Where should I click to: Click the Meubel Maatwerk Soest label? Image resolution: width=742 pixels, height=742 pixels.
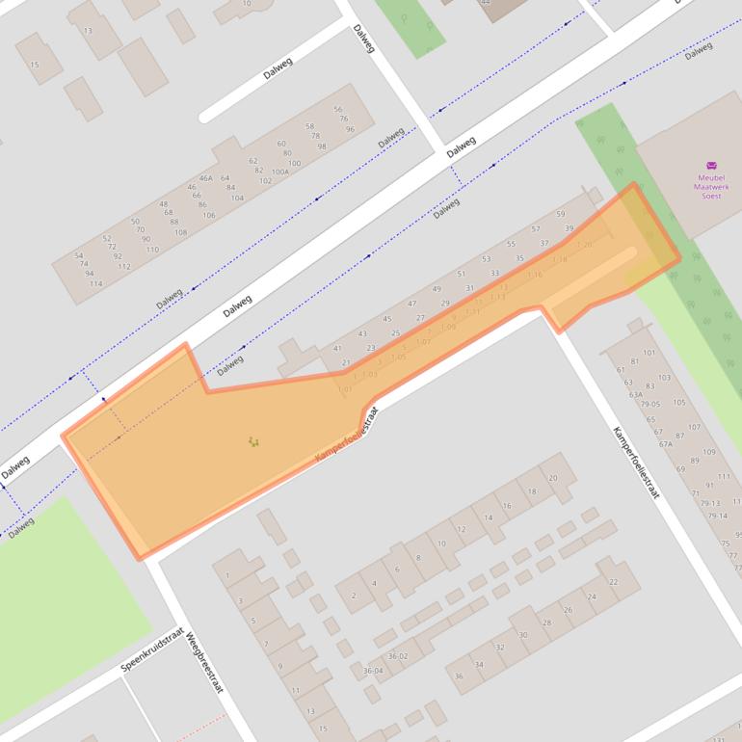coord(711,186)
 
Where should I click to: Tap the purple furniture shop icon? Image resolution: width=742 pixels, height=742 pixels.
coord(711,165)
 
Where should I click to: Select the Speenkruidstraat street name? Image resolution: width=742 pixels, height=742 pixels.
coord(151,650)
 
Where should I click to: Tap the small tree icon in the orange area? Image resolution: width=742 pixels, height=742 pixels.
coord(253,441)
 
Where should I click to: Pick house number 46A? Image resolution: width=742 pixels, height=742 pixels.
coord(205,178)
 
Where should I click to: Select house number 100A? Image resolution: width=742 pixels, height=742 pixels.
coord(279,172)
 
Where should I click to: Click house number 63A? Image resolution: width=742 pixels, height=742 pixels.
coord(635,394)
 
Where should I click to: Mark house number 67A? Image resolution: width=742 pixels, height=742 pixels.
coord(665,444)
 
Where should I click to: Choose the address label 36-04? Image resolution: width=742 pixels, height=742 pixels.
coord(373,670)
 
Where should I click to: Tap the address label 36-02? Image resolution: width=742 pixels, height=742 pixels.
coord(397,656)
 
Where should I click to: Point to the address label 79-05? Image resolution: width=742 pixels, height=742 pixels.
coord(651,405)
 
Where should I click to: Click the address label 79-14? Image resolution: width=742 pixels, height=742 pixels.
coord(719,516)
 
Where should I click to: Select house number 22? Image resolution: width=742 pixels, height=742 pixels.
coord(614,582)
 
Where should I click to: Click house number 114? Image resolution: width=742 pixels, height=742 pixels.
coord(95,284)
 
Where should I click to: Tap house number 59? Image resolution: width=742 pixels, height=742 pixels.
coord(561,214)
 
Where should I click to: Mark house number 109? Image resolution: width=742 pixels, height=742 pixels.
coord(708,452)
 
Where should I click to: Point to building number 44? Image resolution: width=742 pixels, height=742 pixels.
coord(486,3)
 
